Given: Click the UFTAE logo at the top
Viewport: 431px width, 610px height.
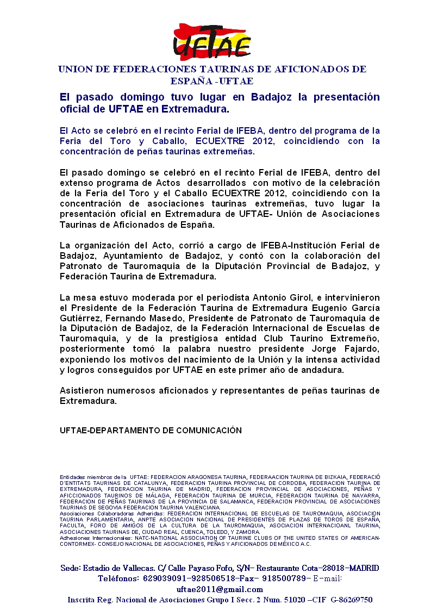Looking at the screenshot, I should (212, 42).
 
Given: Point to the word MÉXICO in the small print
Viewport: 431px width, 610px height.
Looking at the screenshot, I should (292, 543).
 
